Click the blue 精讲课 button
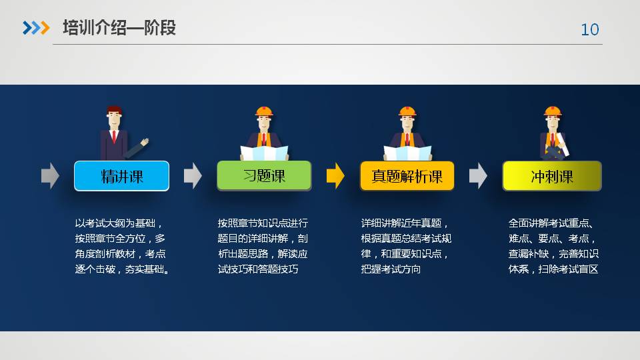pos(121,176)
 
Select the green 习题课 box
pos(264,175)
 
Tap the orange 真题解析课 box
pos(407,176)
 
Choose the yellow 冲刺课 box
pos(552,176)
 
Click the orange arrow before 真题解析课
pos(335,176)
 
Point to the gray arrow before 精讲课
pos(50,176)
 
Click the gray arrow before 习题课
pos(193,176)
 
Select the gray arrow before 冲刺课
pos(478,176)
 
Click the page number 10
pos(590,29)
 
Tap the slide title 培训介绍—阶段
pos(119,28)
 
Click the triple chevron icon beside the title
pos(36,28)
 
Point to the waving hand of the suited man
pos(145,142)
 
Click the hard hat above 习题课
pos(264,111)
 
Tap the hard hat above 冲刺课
pos(553,111)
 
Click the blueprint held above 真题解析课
pos(407,153)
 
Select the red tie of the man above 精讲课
pos(114,136)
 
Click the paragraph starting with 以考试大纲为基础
pos(121,246)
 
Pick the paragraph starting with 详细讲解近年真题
pos(406,246)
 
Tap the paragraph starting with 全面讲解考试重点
pos(553,246)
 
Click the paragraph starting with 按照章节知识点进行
pos(263,246)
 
